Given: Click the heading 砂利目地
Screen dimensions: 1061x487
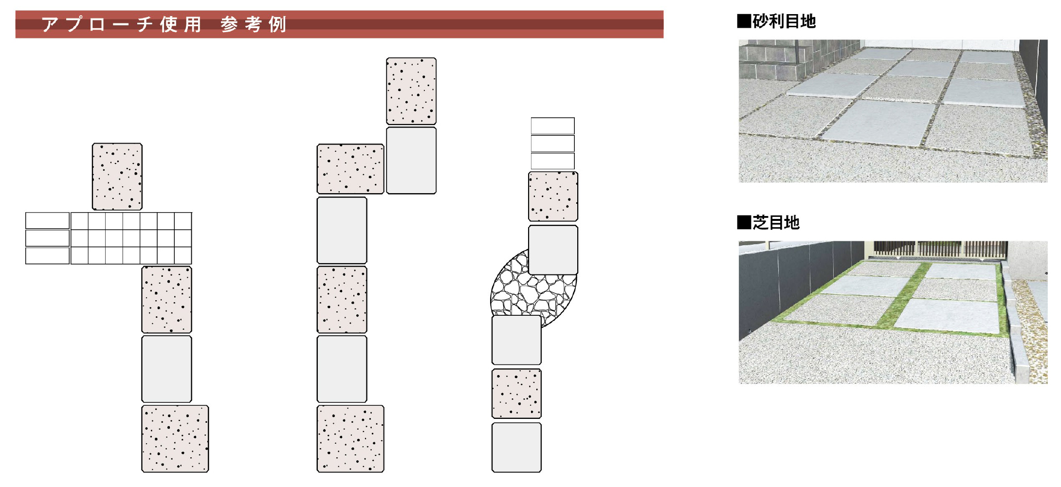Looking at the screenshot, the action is pos(784,21).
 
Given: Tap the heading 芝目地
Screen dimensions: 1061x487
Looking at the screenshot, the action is pos(776,223).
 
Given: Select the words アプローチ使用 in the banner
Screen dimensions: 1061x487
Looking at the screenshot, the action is pos(122,24).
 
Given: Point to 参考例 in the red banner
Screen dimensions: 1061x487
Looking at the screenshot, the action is pos(253,24).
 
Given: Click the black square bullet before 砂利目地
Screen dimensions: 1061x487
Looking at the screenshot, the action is pos(744,21).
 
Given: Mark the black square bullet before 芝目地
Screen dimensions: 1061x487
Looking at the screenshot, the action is pos(744,223).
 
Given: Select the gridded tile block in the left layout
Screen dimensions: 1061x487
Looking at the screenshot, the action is pos(131,238).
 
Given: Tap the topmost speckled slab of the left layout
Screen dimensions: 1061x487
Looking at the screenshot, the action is pos(117,177).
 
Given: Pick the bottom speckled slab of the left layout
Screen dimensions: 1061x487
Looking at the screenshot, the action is pos(175,439).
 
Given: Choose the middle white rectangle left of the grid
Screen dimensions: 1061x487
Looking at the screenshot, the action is pos(47,238).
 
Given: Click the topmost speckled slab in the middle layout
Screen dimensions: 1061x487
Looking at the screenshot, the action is pos(411,91).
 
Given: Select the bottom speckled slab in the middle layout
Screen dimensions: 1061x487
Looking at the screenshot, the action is pos(350,439).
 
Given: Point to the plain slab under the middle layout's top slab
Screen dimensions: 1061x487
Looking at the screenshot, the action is pos(411,161).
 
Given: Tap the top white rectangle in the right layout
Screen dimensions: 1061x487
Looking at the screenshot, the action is pos(553,126).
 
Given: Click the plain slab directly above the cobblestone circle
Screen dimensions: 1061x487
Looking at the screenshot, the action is pos(553,250).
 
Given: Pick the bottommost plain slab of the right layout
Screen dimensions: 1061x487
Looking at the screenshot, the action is pos(516,447).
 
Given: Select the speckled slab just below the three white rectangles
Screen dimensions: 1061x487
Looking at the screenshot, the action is pos(553,197).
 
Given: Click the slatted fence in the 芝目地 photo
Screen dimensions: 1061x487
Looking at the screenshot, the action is pos(939,249).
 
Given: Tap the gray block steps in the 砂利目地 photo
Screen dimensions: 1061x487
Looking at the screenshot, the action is pos(774,61).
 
